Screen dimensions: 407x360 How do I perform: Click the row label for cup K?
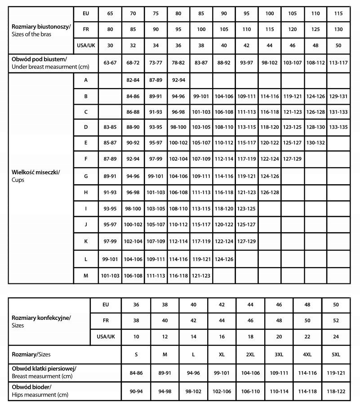coord(85,241)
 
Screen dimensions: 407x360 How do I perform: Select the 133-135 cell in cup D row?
coord(338,127)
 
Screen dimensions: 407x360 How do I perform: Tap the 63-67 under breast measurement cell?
coord(110,62)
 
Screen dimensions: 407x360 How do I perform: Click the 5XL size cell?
coord(336,354)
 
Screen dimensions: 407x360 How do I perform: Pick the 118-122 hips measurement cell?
coord(336,391)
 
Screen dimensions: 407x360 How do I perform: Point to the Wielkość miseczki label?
coord(36,172)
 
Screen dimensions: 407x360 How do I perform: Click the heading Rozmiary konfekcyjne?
coord(41,317)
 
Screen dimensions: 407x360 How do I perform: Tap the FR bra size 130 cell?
coord(338,29)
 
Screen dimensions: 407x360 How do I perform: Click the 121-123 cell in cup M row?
coord(201,275)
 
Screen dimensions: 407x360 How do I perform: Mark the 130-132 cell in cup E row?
coord(316,142)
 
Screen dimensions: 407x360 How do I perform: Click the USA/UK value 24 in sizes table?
coord(336,336)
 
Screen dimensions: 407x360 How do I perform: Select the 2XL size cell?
coord(250,354)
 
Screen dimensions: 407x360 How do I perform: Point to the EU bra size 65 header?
coord(110,13)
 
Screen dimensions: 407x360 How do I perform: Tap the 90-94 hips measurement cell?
coord(136,391)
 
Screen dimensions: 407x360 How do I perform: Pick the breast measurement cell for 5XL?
coord(336,372)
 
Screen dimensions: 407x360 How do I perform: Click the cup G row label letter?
coord(85,176)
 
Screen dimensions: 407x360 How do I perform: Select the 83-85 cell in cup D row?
coord(110,127)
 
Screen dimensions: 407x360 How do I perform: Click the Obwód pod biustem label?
coord(39,59)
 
